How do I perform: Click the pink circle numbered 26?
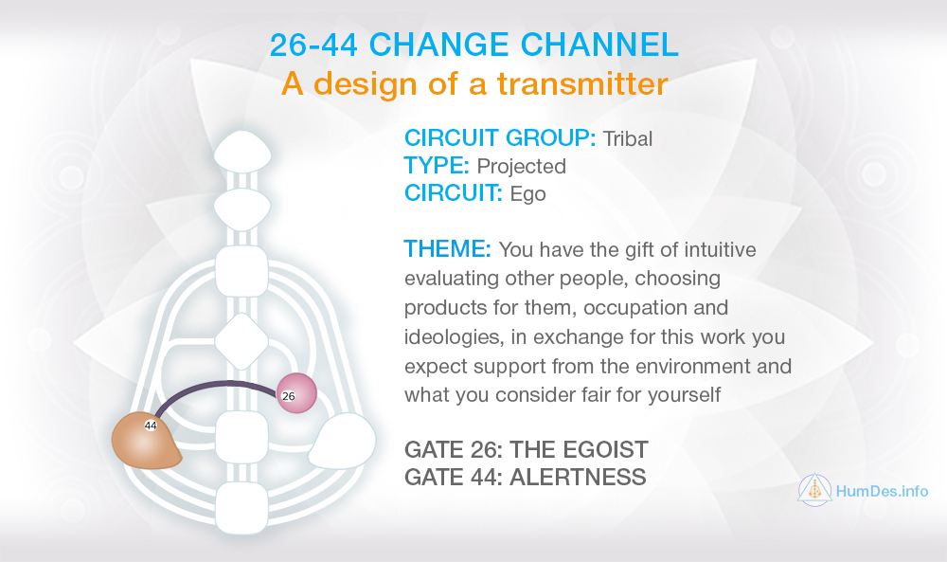click(296, 393)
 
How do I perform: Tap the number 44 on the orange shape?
click(151, 426)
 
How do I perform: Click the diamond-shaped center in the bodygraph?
click(241, 342)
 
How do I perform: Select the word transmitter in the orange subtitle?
click(582, 83)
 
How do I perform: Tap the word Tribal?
click(628, 139)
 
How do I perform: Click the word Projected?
click(521, 166)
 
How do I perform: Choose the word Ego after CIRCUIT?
click(527, 194)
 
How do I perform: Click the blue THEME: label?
click(448, 249)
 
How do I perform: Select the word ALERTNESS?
click(578, 478)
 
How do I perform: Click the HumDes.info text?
click(882, 491)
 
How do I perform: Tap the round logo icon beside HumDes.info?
click(814, 489)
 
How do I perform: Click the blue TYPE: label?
click(437, 166)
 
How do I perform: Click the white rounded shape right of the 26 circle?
click(343, 442)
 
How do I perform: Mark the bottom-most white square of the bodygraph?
click(241, 508)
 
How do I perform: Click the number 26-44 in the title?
click(314, 45)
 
